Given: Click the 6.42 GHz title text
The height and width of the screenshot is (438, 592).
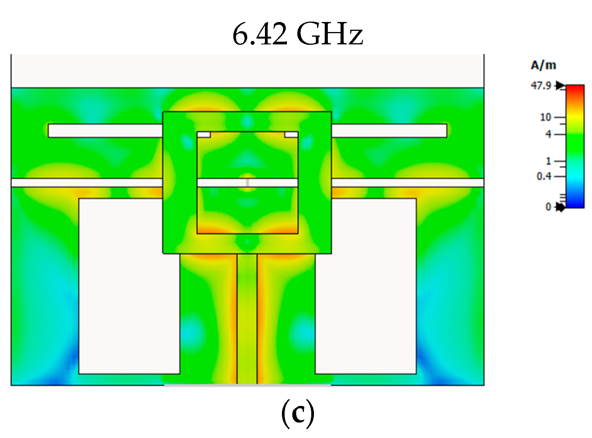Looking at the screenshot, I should [x=297, y=34].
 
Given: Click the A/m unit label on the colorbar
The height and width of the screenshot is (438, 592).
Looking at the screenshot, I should [x=543, y=65].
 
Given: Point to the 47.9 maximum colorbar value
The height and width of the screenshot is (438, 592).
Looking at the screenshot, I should [x=541, y=85].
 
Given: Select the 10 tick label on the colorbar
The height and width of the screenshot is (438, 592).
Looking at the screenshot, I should [x=545, y=117].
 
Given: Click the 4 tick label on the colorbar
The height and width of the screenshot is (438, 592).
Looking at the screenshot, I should [x=548, y=134].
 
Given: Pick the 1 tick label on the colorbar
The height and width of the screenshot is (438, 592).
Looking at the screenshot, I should [x=548, y=161].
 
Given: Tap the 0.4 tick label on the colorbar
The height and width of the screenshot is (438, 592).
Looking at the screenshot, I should [x=544, y=176].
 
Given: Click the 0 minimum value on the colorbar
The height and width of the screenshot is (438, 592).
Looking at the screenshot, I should [x=548, y=207].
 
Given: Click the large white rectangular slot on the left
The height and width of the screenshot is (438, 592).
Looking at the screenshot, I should [x=129, y=286].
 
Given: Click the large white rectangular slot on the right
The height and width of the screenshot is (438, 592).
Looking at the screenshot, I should [x=366, y=286].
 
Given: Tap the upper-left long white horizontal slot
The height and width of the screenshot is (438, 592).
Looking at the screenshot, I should [x=105, y=131].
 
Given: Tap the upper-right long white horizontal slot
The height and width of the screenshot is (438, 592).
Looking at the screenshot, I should [x=389, y=131].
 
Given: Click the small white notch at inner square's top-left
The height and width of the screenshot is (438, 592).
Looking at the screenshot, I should [x=204, y=135].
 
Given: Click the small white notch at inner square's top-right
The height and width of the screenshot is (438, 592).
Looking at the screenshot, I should [x=291, y=135].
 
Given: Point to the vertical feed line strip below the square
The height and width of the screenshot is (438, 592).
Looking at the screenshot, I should [x=247, y=318].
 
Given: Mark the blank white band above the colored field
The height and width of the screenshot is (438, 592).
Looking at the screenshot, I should [x=247, y=71].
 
